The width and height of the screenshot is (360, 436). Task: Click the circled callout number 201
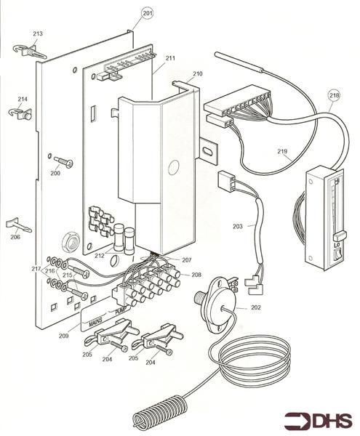click(x=148, y=13)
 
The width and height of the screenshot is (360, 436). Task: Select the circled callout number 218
click(x=334, y=95)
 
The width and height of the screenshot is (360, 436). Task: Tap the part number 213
click(x=38, y=33)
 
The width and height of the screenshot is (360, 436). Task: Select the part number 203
click(x=237, y=227)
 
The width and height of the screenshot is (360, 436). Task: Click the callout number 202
click(x=255, y=307)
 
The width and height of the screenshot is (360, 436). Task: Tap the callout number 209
click(x=65, y=336)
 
